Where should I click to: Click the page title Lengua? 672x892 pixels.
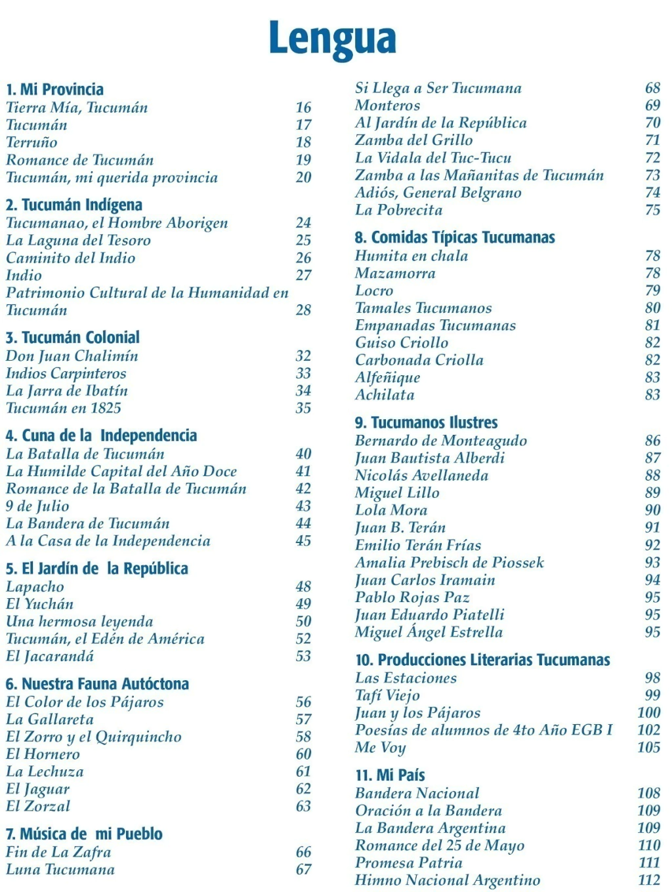(x=333, y=38)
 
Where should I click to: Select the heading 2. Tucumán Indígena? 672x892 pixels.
(x=73, y=205)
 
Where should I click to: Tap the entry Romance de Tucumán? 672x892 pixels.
(x=79, y=160)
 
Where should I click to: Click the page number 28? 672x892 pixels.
(x=303, y=310)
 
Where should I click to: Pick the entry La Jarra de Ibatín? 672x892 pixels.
(x=67, y=391)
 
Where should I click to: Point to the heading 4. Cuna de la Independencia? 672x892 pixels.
(x=101, y=436)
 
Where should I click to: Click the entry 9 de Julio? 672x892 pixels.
(x=37, y=506)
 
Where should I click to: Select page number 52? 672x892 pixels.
(x=303, y=639)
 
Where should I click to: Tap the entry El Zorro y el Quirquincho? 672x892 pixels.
(x=93, y=737)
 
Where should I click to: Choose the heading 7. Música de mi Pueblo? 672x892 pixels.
(x=84, y=834)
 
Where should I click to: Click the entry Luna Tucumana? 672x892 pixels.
(x=60, y=870)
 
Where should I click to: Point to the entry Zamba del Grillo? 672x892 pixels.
(x=413, y=140)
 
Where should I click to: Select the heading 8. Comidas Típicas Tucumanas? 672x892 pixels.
(x=455, y=237)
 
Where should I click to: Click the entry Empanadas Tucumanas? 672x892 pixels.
(x=435, y=325)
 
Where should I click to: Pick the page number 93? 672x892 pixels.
(x=652, y=563)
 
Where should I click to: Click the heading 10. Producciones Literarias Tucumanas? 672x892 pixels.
(x=482, y=660)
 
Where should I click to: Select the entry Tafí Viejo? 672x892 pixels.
(x=387, y=695)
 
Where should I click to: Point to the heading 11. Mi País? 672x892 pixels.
(x=390, y=775)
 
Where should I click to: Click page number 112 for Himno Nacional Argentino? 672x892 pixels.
(x=649, y=880)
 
